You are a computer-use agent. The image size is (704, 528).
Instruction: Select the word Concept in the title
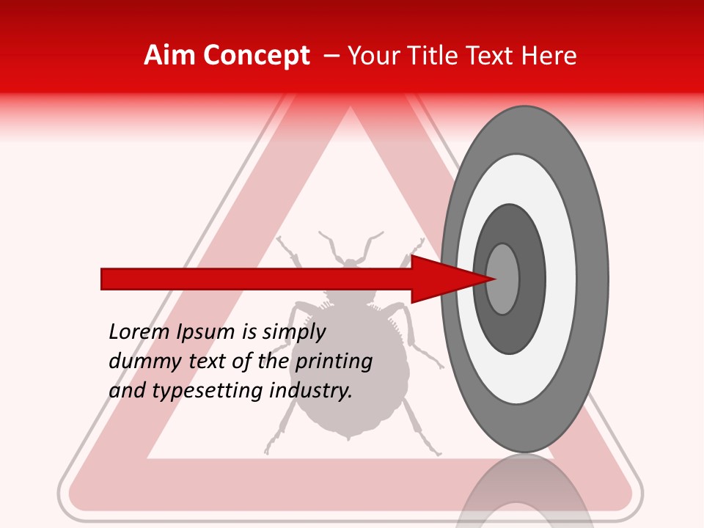(x=257, y=56)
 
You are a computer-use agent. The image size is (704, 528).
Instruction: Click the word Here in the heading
(x=551, y=56)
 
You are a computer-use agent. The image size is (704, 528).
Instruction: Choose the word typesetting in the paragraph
(x=208, y=392)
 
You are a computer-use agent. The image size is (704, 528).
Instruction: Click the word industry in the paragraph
(x=311, y=392)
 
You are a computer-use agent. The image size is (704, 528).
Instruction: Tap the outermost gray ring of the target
(x=595, y=279)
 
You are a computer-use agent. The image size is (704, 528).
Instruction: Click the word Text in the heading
(x=491, y=56)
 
